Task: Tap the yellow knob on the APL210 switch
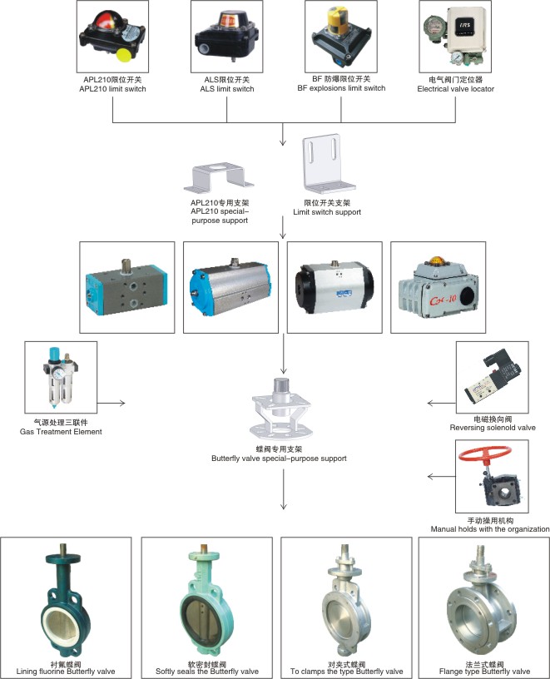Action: tap(125, 55)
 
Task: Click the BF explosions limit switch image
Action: tap(339, 36)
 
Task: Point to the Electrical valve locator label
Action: tap(449, 84)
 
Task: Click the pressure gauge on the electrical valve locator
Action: tap(457, 56)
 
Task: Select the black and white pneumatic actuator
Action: tap(333, 284)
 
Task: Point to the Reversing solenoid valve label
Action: tap(493, 424)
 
